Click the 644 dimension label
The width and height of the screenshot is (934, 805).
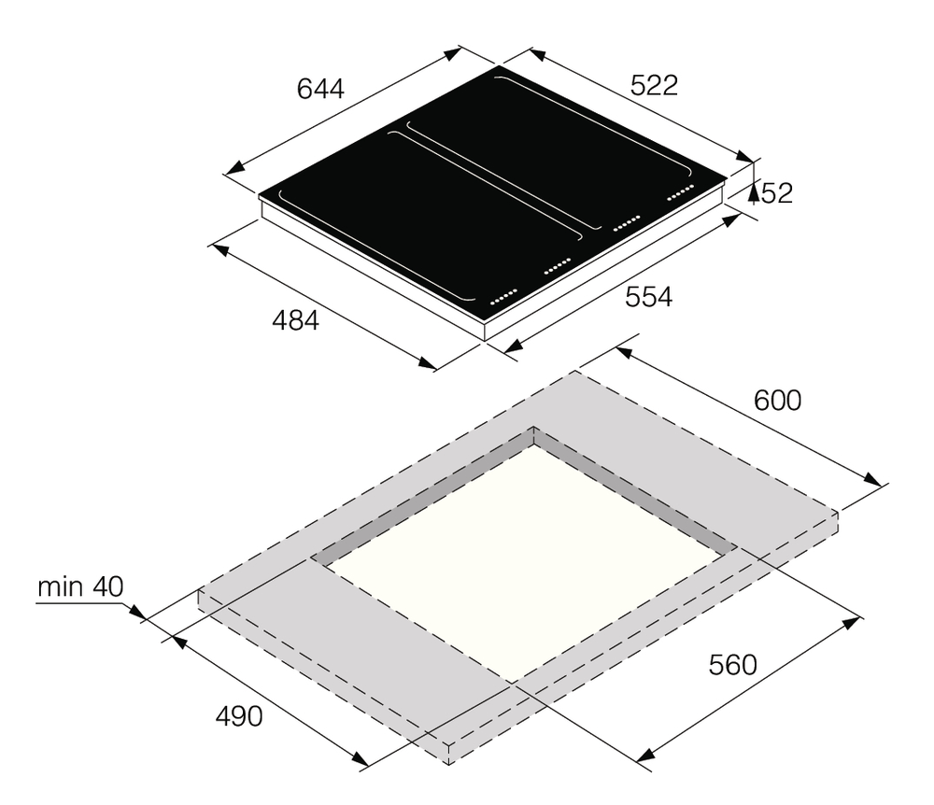(x=320, y=89)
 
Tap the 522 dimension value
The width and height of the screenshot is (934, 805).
(x=654, y=86)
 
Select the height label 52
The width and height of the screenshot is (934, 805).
(x=777, y=193)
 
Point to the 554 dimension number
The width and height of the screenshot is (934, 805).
(x=649, y=297)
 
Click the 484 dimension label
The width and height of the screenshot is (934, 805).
(x=295, y=320)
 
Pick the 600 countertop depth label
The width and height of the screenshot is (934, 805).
(x=777, y=401)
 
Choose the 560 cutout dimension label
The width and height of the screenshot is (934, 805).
(x=732, y=665)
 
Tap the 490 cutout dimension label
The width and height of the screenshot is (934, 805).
(x=239, y=717)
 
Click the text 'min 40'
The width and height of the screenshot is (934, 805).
(x=80, y=586)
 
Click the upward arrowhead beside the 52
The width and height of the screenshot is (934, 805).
(x=754, y=193)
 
